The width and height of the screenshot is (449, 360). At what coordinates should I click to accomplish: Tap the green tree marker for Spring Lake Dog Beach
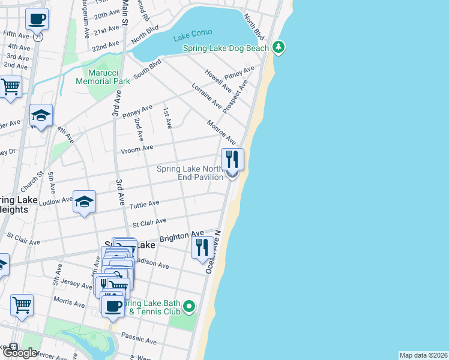pyautogui.click(x=278, y=46)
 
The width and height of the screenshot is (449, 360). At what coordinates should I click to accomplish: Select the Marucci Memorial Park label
pyautogui.click(x=103, y=77)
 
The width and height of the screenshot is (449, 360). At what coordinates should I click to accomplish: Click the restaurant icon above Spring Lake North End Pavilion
pyautogui.click(x=232, y=160)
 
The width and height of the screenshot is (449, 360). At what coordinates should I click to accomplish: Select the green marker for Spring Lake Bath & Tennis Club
pyautogui.click(x=189, y=307)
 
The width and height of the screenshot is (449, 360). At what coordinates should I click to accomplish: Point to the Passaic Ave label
pyautogui.click(x=138, y=336)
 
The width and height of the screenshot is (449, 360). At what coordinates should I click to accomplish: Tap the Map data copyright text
pyautogui.click(x=423, y=355)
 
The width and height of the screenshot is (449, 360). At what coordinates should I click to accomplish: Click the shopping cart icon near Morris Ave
pyautogui.click(x=22, y=305)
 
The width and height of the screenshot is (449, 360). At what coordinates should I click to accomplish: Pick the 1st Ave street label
pyautogui.click(x=168, y=118)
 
